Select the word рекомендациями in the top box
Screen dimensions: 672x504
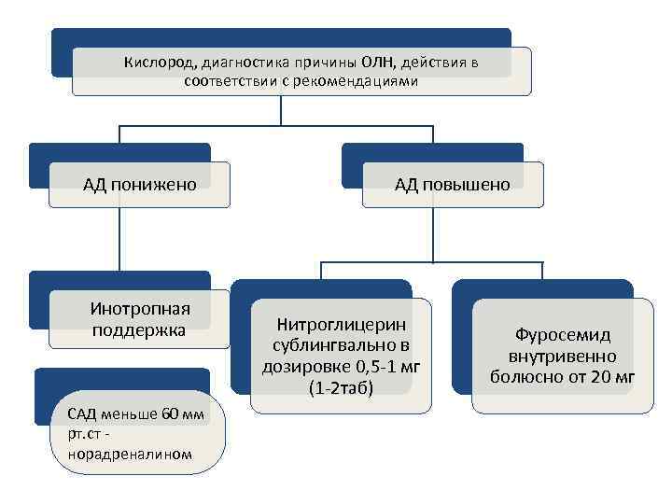(x=364, y=81)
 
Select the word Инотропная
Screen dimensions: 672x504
(x=140, y=309)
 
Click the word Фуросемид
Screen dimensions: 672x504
(x=563, y=335)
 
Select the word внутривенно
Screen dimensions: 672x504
(x=562, y=356)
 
